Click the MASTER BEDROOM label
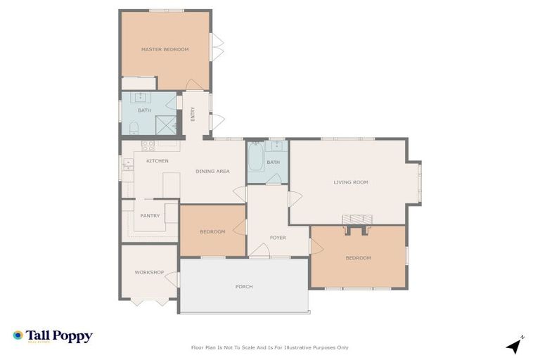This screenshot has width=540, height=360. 165,49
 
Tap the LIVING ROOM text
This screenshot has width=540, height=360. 350,182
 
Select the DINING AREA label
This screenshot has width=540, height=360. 212,171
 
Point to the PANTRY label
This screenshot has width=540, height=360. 150,216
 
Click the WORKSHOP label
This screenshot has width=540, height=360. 149,272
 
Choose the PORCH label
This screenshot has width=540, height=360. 244,287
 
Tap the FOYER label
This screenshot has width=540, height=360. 278,238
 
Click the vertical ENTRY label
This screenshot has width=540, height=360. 193,114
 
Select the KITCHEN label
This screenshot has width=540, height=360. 157,161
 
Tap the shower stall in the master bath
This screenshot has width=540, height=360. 166,124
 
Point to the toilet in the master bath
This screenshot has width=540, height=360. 132,127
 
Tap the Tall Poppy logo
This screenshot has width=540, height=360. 53,336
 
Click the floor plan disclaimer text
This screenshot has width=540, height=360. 270,347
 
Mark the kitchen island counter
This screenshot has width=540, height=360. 171,185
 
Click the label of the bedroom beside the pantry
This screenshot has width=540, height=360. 212,232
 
